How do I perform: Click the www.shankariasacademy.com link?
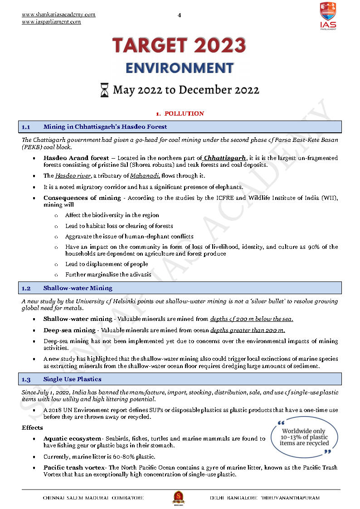(58, 15)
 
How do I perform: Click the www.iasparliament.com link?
(51, 22)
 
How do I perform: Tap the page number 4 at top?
(180, 15)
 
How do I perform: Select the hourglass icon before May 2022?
(104, 90)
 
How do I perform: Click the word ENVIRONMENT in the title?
(180, 68)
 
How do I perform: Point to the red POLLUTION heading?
(184, 114)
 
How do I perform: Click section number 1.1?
(26, 127)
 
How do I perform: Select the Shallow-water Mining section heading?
(78, 288)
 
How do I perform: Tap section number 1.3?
(26, 379)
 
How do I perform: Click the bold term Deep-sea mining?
(69, 330)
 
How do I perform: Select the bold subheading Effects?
(32, 427)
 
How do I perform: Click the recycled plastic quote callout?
(304, 437)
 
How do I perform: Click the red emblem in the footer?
(178, 498)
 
